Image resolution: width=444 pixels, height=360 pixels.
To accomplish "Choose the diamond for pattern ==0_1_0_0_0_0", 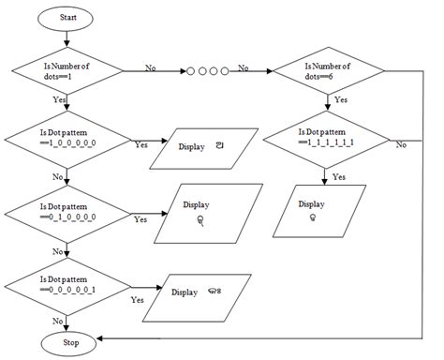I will (x=66, y=212).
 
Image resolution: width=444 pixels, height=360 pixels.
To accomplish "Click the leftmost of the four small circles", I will (x=192, y=70).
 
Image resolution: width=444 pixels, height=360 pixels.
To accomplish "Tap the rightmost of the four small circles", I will (x=226, y=70).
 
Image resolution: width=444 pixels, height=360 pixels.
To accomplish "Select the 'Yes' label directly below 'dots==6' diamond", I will (x=341, y=98).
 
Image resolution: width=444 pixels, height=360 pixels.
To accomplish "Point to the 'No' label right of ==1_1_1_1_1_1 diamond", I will (x=401, y=144).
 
